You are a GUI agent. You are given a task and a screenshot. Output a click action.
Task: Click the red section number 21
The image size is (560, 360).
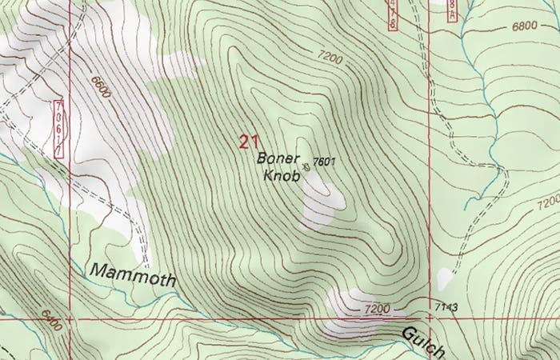tap(248, 142)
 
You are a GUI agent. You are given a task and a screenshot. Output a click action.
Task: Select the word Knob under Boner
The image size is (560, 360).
tap(282, 175)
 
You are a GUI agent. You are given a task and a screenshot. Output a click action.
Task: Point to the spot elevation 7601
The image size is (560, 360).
tap(323, 162)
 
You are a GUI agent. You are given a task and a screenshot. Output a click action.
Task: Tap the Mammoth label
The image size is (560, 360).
tap(133, 273)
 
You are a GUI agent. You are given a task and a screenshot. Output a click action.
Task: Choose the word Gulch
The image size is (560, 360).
tap(422, 340)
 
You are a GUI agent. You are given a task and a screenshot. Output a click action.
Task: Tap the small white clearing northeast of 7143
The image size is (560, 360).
tap(444, 279)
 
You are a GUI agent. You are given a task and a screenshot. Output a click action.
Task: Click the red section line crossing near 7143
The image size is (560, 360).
tap(430, 318)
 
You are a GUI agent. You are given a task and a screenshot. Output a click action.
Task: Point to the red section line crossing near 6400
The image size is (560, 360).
tap(70, 318)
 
